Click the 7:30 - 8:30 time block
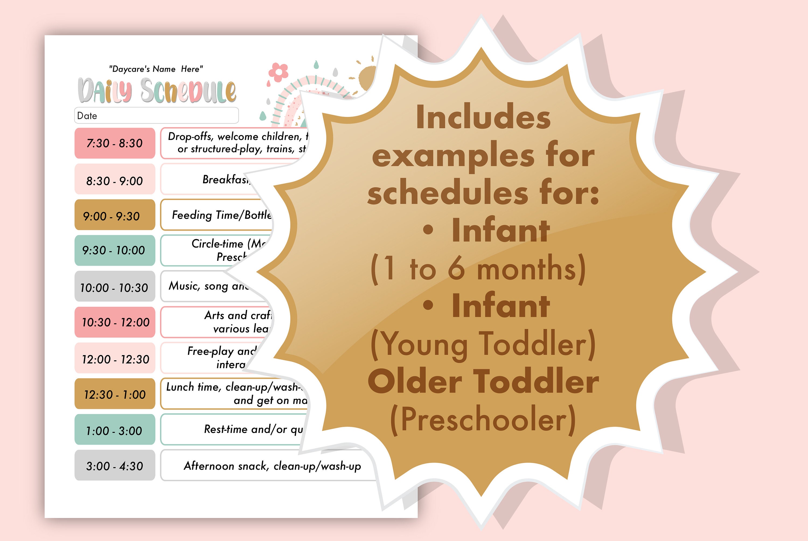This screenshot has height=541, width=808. (x=114, y=143)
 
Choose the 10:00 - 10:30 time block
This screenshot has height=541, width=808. (x=114, y=287)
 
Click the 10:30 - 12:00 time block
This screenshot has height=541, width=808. (x=114, y=322)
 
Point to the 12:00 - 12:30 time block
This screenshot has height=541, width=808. (x=114, y=358)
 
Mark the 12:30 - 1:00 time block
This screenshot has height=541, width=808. (x=114, y=394)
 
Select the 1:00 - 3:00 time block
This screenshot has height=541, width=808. (x=114, y=429)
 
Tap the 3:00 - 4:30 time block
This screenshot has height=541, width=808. (x=114, y=466)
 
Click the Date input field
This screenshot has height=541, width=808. (x=156, y=116)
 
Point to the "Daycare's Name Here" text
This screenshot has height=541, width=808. (x=156, y=69)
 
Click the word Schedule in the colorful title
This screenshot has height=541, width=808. (x=188, y=91)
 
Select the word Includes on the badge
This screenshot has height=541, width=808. (x=483, y=117)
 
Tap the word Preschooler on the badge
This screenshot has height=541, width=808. (x=483, y=419)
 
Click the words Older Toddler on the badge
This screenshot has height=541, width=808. (x=483, y=381)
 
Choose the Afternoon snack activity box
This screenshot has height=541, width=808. (x=272, y=466)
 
